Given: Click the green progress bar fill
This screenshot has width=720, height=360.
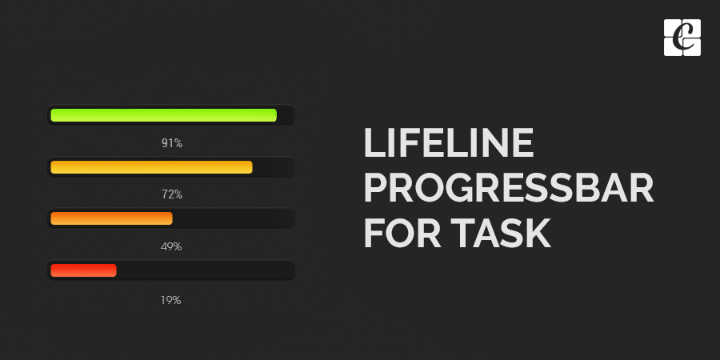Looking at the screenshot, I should pyautogui.click(x=163, y=115).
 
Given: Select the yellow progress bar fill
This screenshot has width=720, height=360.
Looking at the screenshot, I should pyautogui.click(x=151, y=167).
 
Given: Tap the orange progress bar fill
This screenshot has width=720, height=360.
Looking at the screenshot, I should pyautogui.click(x=111, y=218).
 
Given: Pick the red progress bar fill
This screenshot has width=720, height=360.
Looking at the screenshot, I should pyautogui.click(x=83, y=270).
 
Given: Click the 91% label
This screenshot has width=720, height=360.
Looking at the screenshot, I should pyautogui.click(x=171, y=144).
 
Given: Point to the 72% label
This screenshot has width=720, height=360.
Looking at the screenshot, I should pyautogui.click(x=171, y=194).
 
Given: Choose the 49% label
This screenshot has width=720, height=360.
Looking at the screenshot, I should pyautogui.click(x=171, y=246).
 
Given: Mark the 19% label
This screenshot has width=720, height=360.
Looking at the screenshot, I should pyautogui.click(x=171, y=300).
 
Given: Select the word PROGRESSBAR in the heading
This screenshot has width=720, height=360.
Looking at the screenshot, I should pyautogui.click(x=509, y=189).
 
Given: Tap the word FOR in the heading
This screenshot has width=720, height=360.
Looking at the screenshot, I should pyautogui.click(x=398, y=234).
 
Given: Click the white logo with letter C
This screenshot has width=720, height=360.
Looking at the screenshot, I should pyautogui.click(x=682, y=38).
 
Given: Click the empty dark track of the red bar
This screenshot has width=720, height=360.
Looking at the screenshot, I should pyautogui.click(x=205, y=270).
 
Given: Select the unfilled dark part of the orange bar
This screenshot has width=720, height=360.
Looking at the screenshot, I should pyautogui.click(x=232, y=218).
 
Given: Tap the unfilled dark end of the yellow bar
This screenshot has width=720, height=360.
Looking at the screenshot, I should pyautogui.click(x=273, y=167).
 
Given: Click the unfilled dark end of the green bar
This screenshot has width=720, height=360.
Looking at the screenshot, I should pyautogui.click(x=286, y=115).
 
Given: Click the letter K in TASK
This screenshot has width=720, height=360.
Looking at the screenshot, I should pyautogui.click(x=537, y=234).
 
